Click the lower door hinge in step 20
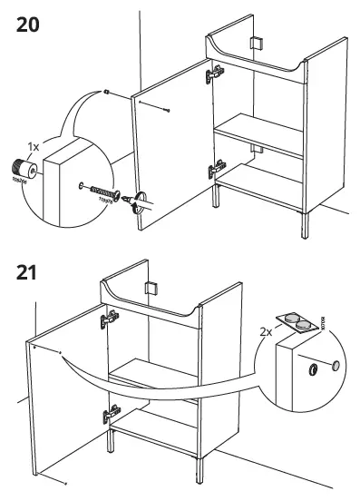(216, 169)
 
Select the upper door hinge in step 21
(109, 317)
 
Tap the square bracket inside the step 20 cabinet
(256, 44)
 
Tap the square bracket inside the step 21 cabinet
(152, 289)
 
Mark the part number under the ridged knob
(18, 182)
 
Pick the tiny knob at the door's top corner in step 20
(107, 91)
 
